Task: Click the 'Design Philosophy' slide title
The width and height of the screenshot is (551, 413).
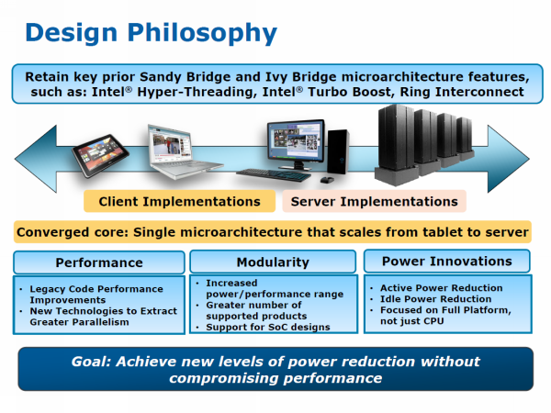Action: (x=152, y=33)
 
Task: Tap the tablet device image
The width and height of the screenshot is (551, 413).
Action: (x=100, y=155)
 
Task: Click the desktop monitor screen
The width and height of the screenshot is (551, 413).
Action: (x=296, y=141)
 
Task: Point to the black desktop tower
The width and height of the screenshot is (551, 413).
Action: (x=338, y=151)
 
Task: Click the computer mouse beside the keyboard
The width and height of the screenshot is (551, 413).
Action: (x=327, y=180)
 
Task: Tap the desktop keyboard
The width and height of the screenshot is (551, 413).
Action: (x=274, y=174)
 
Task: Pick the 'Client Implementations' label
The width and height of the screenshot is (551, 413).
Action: (x=180, y=202)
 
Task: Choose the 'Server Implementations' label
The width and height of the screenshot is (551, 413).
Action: (x=375, y=202)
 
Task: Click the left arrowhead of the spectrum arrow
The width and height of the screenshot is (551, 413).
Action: (x=36, y=159)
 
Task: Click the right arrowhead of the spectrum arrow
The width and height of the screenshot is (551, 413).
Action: (x=508, y=159)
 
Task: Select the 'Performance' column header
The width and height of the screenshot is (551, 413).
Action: (x=99, y=262)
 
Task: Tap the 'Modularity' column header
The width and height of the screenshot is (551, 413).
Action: (x=273, y=262)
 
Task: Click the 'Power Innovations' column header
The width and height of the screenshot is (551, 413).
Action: (x=447, y=262)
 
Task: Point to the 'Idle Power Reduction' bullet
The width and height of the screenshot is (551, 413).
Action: (x=435, y=299)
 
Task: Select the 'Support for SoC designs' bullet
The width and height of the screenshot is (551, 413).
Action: (x=268, y=327)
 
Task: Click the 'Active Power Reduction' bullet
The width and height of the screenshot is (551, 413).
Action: (x=442, y=288)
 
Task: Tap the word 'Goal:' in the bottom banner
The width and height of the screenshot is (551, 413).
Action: (x=91, y=362)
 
